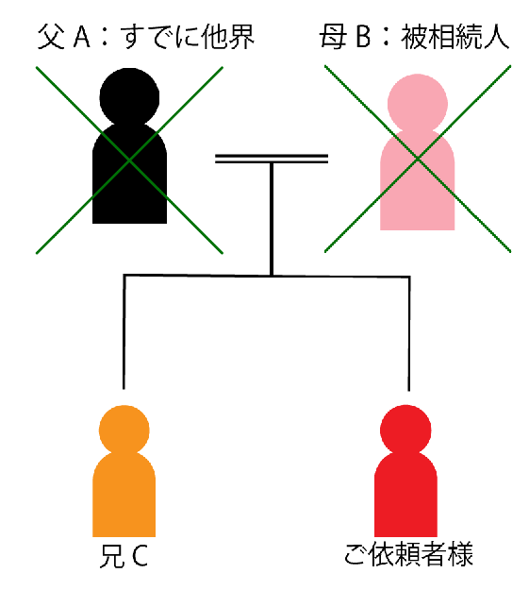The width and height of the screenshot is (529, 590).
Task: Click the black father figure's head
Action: [129, 97]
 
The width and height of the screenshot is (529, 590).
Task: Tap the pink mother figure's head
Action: [418, 104]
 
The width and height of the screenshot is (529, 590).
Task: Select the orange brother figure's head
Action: [124, 430]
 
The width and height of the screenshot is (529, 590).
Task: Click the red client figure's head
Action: [405, 430]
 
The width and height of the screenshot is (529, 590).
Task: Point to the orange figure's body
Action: [124, 494]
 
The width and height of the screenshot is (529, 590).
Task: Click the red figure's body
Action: [405, 494]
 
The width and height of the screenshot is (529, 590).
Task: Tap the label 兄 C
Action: [124, 556]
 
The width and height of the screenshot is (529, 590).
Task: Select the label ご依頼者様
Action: [408, 554]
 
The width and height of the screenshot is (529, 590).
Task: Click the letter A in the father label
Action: [82, 37]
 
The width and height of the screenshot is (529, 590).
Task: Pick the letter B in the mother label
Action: [363, 37]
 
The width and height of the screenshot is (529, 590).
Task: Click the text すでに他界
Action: [188, 37]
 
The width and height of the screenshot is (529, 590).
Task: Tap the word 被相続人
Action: [455, 37]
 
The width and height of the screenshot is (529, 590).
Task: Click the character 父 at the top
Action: [50, 37]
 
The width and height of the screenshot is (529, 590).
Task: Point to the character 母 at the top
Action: [333, 37]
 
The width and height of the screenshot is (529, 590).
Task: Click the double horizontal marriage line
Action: [272, 159]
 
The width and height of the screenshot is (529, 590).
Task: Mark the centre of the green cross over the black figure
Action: [129, 160]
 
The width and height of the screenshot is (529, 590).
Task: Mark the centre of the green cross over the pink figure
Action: [418, 159]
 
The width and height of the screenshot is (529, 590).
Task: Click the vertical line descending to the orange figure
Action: [124, 332]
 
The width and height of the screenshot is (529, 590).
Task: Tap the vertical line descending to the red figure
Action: [409, 334]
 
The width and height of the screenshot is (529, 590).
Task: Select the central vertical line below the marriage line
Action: [272, 219]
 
